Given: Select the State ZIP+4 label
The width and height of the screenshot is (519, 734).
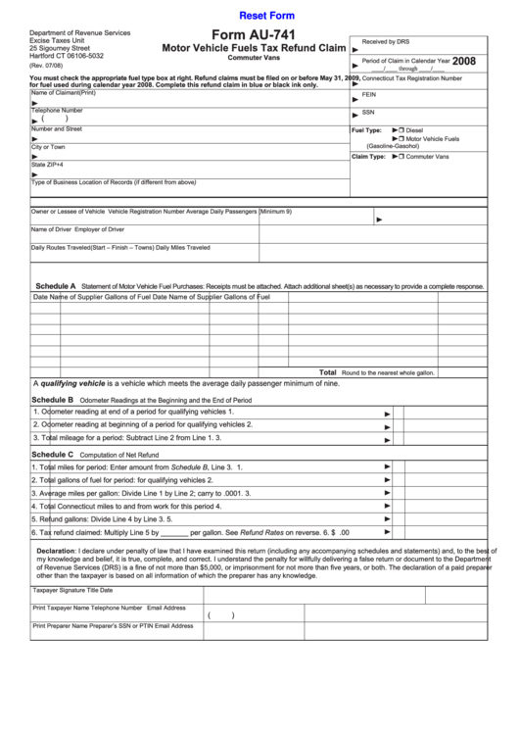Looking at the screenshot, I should tap(46, 164).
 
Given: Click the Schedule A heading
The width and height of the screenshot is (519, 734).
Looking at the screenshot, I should tap(56, 285).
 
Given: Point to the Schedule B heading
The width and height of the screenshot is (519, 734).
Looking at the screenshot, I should tap(53, 400).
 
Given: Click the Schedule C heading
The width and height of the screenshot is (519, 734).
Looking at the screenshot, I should tap(53, 455).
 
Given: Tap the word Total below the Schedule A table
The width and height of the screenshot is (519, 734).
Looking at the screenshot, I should tap(328, 372).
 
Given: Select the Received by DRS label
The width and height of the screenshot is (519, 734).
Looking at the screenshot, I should tap(386, 42).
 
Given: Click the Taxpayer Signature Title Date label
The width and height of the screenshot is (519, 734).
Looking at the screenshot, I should tap(72, 590).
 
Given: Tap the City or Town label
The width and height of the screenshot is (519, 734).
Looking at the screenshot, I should tap(48, 146).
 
